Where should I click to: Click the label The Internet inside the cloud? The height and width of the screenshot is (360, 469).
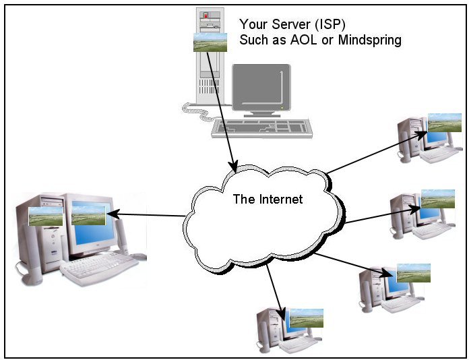268,199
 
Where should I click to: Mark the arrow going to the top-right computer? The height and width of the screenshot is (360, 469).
377,152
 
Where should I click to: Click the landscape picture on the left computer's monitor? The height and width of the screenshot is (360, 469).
88,214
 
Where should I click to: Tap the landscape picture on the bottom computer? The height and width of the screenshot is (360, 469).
306,318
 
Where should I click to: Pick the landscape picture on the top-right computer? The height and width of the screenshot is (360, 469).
444,122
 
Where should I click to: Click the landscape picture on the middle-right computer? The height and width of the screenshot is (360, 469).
437,198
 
